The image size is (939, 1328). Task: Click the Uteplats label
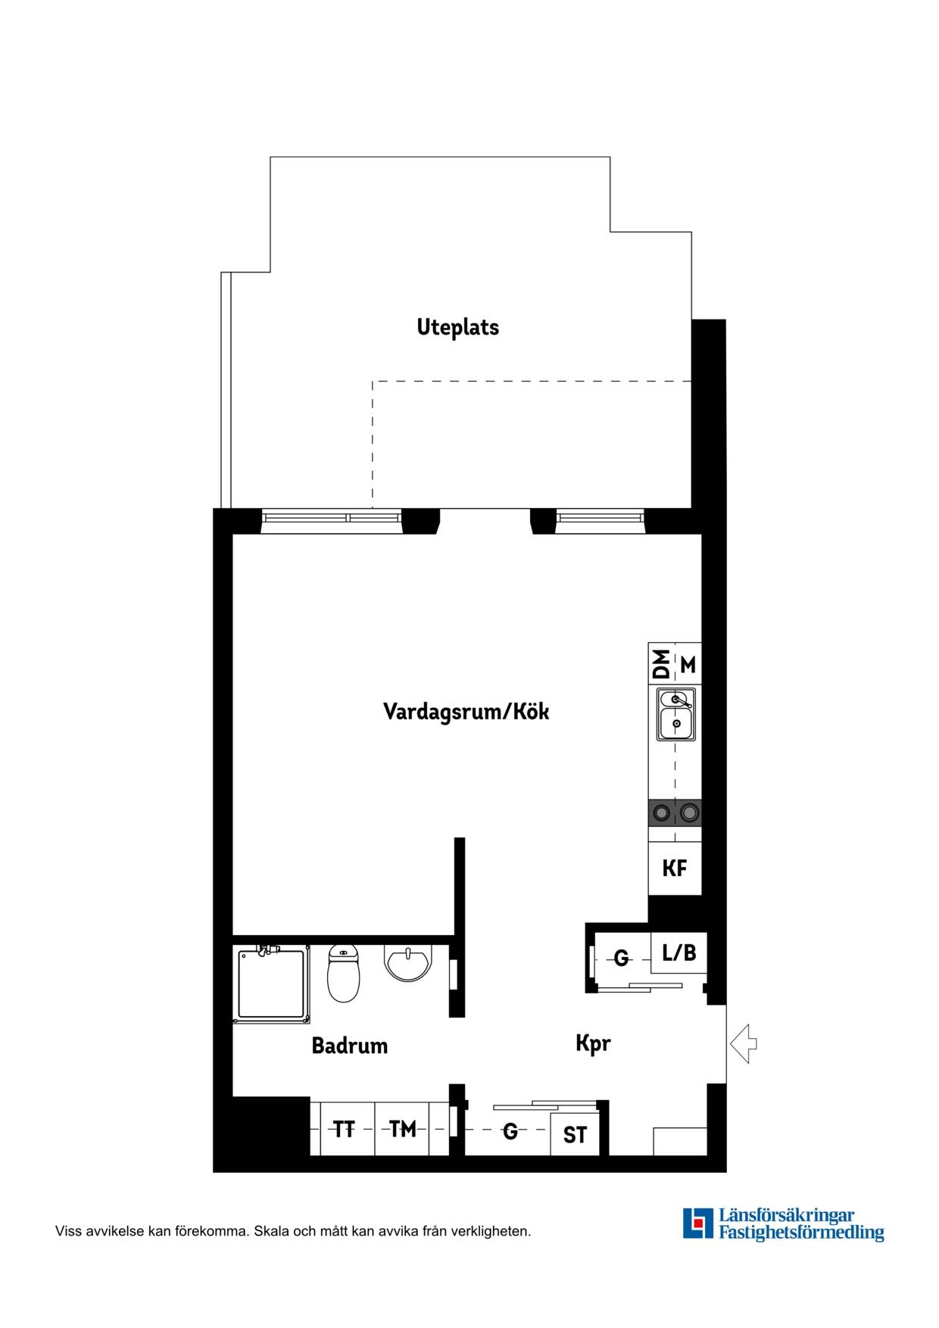click(457, 328)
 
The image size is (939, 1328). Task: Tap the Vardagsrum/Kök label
click(466, 712)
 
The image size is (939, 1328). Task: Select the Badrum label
click(349, 1046)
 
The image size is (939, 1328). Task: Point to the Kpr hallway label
click(593, 1044)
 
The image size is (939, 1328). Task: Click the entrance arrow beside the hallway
click(744, 1043)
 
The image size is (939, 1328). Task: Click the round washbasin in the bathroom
click(407, 963)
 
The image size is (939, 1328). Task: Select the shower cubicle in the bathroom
click(271, 984)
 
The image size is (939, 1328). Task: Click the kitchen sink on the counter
click(675, 714)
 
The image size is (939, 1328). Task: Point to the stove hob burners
click(675, 813)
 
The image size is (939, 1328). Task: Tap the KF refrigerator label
click(675, 868)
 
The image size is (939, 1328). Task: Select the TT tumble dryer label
click(344, 1130)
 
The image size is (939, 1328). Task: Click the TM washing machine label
click(403, 1130)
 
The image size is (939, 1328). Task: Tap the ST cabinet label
click(575, 1135)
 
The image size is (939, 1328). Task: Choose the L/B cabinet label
click(679, 952)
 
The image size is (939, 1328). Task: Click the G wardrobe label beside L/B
click(621, 959)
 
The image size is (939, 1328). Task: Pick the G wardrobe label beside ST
click(510, 1131)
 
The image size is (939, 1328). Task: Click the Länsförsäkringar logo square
click(698, 1224)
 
